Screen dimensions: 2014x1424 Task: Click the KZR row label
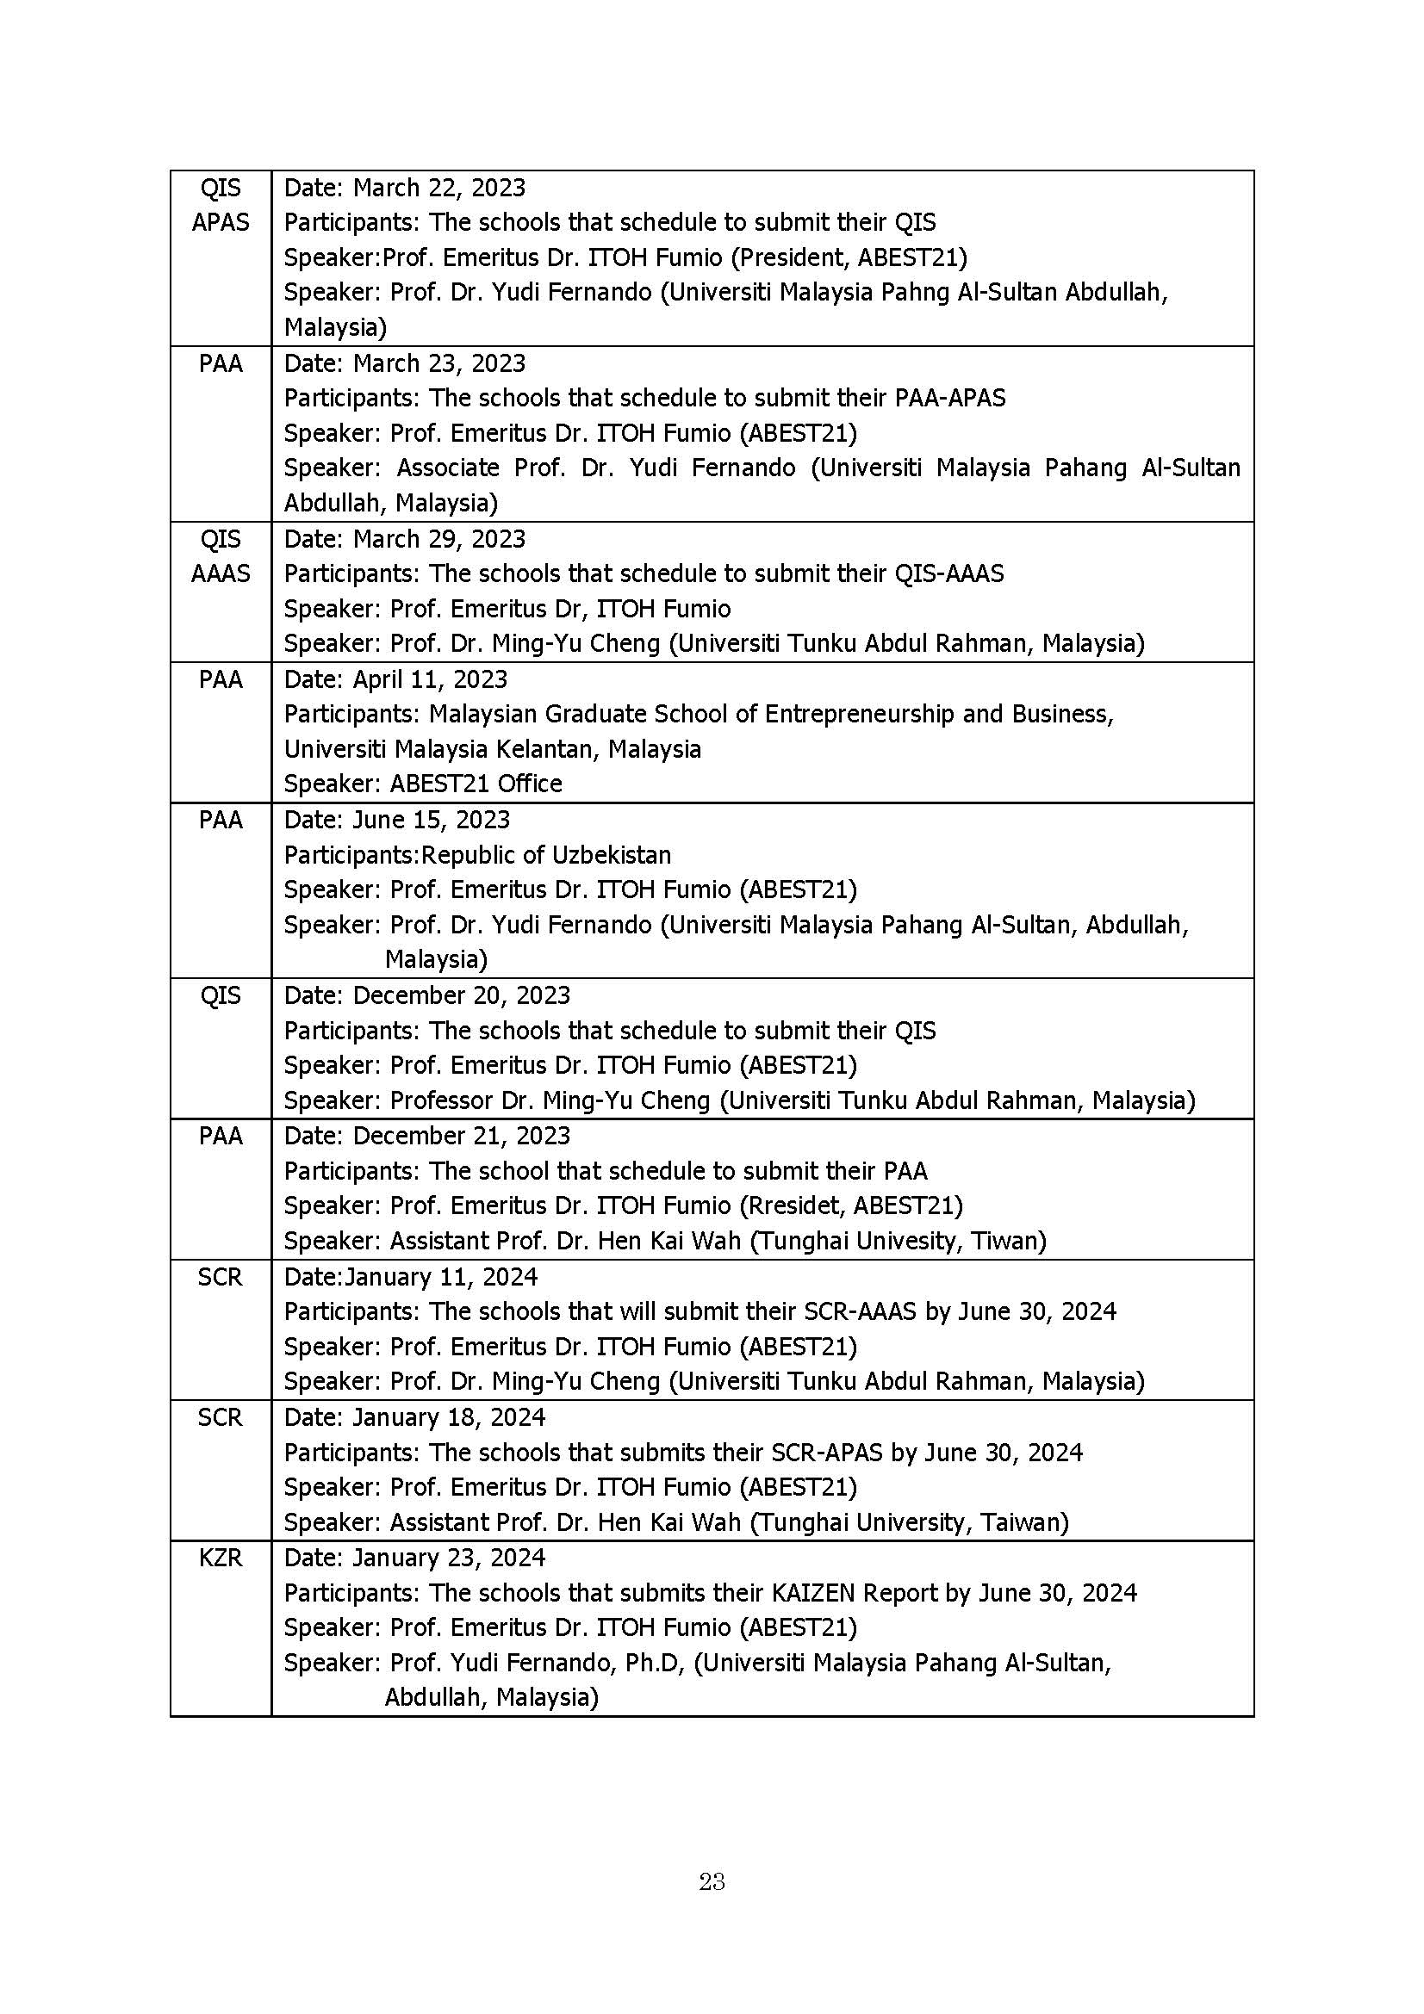point(221,1557)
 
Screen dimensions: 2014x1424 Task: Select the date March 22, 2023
point(438,188)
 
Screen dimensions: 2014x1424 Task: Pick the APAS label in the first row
point(221,222)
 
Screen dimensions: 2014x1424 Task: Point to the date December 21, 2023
point(462,1135)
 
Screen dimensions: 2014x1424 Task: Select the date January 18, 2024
point(449,1416)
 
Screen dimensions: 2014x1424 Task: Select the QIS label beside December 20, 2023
point(221,995)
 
